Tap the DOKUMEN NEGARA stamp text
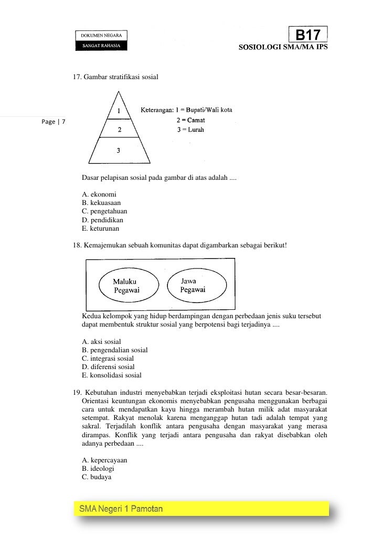102,35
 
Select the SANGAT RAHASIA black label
102,46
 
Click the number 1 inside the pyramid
119,111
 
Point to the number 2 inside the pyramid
119,129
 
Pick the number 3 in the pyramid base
119,150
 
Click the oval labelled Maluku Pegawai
126,286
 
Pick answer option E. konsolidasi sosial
112,375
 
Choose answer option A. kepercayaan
104,460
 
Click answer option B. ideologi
98,469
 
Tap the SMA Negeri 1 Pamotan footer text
121,509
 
